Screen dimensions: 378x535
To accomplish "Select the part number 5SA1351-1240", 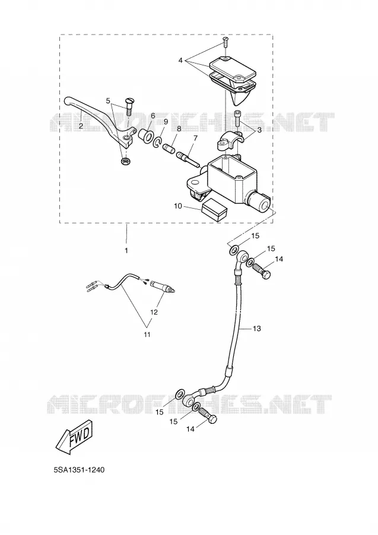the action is tap(79, 470).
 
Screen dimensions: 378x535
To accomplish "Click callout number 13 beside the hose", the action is tap(257, 329).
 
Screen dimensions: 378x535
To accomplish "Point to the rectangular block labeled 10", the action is tap(214, 209).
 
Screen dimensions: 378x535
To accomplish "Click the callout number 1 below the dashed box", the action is tap(126, 251).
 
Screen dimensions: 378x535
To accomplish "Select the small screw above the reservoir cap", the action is tap(224, 42).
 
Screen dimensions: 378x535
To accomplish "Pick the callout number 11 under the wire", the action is tap(147, 335).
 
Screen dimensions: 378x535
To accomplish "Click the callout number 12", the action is tap(154, 312).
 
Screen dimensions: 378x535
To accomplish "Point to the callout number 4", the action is tap(180, 61).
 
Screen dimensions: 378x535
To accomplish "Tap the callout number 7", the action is tap(195, 138).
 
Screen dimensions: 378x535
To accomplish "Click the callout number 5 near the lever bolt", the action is tap(108, 100).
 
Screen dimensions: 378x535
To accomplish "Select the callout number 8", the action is tap(179, 128).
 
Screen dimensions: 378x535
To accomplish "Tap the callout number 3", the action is tap(259, 130).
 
